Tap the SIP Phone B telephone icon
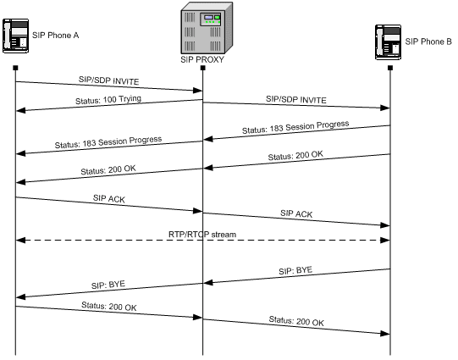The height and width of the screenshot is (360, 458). [389, 41]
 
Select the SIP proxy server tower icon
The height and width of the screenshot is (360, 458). [202, 30]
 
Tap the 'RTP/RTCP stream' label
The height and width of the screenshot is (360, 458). [202, 233]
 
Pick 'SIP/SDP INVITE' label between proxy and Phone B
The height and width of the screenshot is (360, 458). [295, 99]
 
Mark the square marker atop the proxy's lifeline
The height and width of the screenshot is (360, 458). [202, 68]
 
